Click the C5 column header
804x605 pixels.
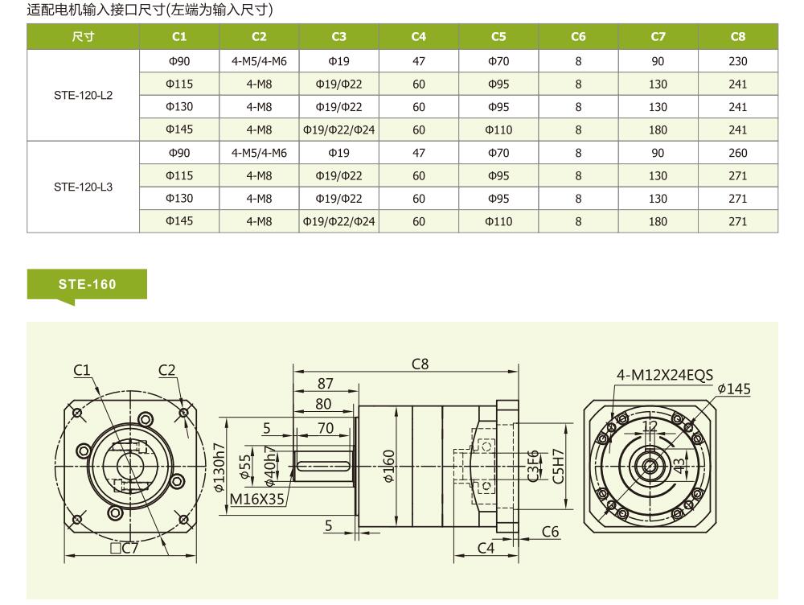498,36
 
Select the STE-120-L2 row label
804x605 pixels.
83,96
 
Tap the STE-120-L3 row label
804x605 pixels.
83,187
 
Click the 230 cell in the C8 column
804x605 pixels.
738,61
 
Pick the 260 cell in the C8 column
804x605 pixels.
738,153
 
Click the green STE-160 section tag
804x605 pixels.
87,284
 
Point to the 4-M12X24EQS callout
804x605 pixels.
665,375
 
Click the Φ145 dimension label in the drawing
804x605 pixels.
734,389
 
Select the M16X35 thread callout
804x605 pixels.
257,499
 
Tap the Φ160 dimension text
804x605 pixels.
389,466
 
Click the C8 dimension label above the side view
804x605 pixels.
420,364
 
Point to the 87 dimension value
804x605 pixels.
325,383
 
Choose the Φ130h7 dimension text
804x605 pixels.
219,467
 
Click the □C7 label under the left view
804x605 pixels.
125,548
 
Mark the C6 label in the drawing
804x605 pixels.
550,532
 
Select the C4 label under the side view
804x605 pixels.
486,548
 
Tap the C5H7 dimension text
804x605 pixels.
558,466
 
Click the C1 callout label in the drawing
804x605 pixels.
81,370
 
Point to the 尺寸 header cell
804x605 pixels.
83,36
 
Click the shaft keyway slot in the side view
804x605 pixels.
323,466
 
